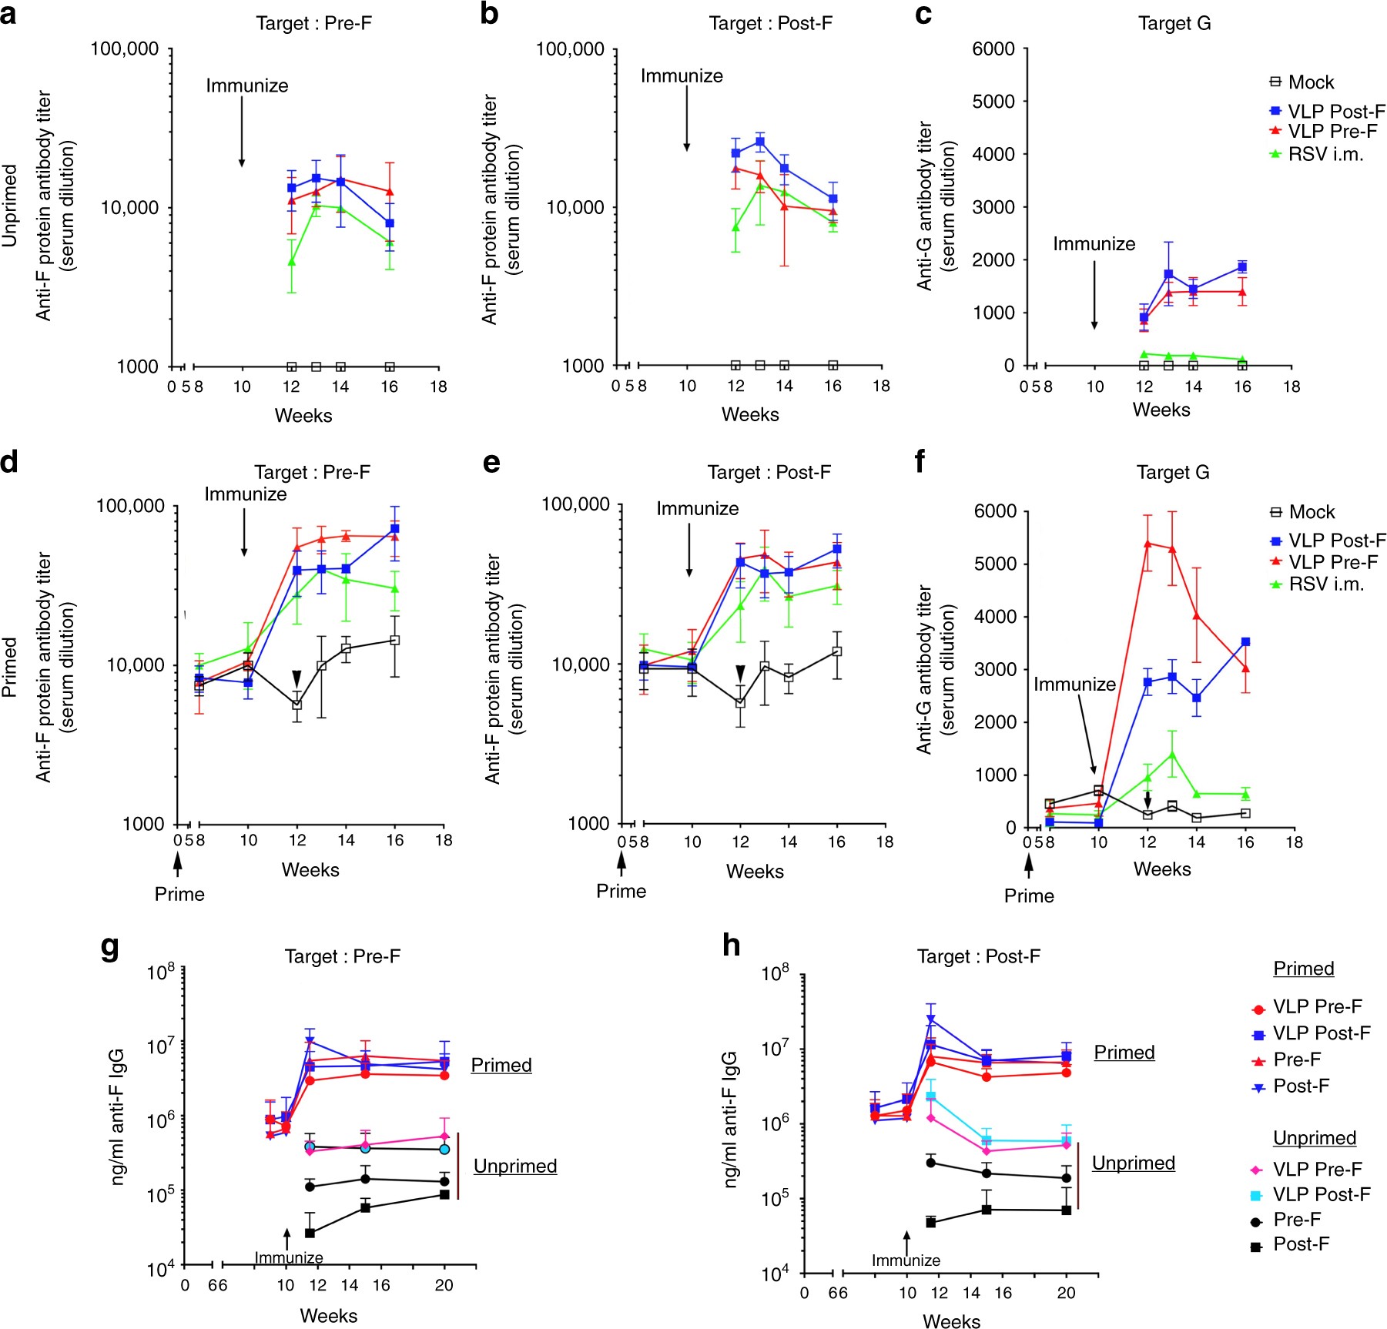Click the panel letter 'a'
pos(8,14)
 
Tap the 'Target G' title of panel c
pos(1174,24)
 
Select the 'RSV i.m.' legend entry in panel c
pos(1325,154)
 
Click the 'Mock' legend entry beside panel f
pos(1312,512)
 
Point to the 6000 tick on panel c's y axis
pos(993,49)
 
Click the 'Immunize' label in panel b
pos(682,76)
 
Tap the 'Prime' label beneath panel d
pos(179,894)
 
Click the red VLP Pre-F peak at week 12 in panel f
pos(1147,543)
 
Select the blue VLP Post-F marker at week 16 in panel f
pos(1245,641)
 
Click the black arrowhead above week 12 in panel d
pos(296,678)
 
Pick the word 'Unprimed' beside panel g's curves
pos(514,1166)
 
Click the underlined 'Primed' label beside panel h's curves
pos(1124,1053)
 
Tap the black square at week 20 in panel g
pos(444,1194)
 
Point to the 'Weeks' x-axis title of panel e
pos(754,871)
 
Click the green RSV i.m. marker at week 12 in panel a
pos(292,262)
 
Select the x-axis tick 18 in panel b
pos(881,386)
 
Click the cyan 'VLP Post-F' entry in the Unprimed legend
pos(1321,1194)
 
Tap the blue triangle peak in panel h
pos(931,1019)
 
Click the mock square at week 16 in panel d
pos(395,640)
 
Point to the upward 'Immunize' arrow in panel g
pos(286,1238)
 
